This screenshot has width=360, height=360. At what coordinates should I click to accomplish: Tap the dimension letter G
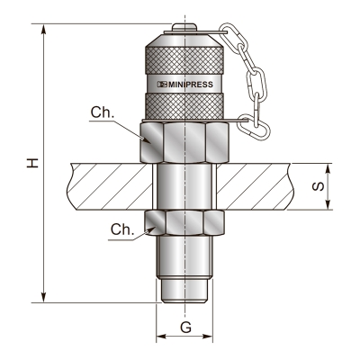click(185, 326)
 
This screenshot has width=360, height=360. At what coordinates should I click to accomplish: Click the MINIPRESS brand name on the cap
click(190, 84)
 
